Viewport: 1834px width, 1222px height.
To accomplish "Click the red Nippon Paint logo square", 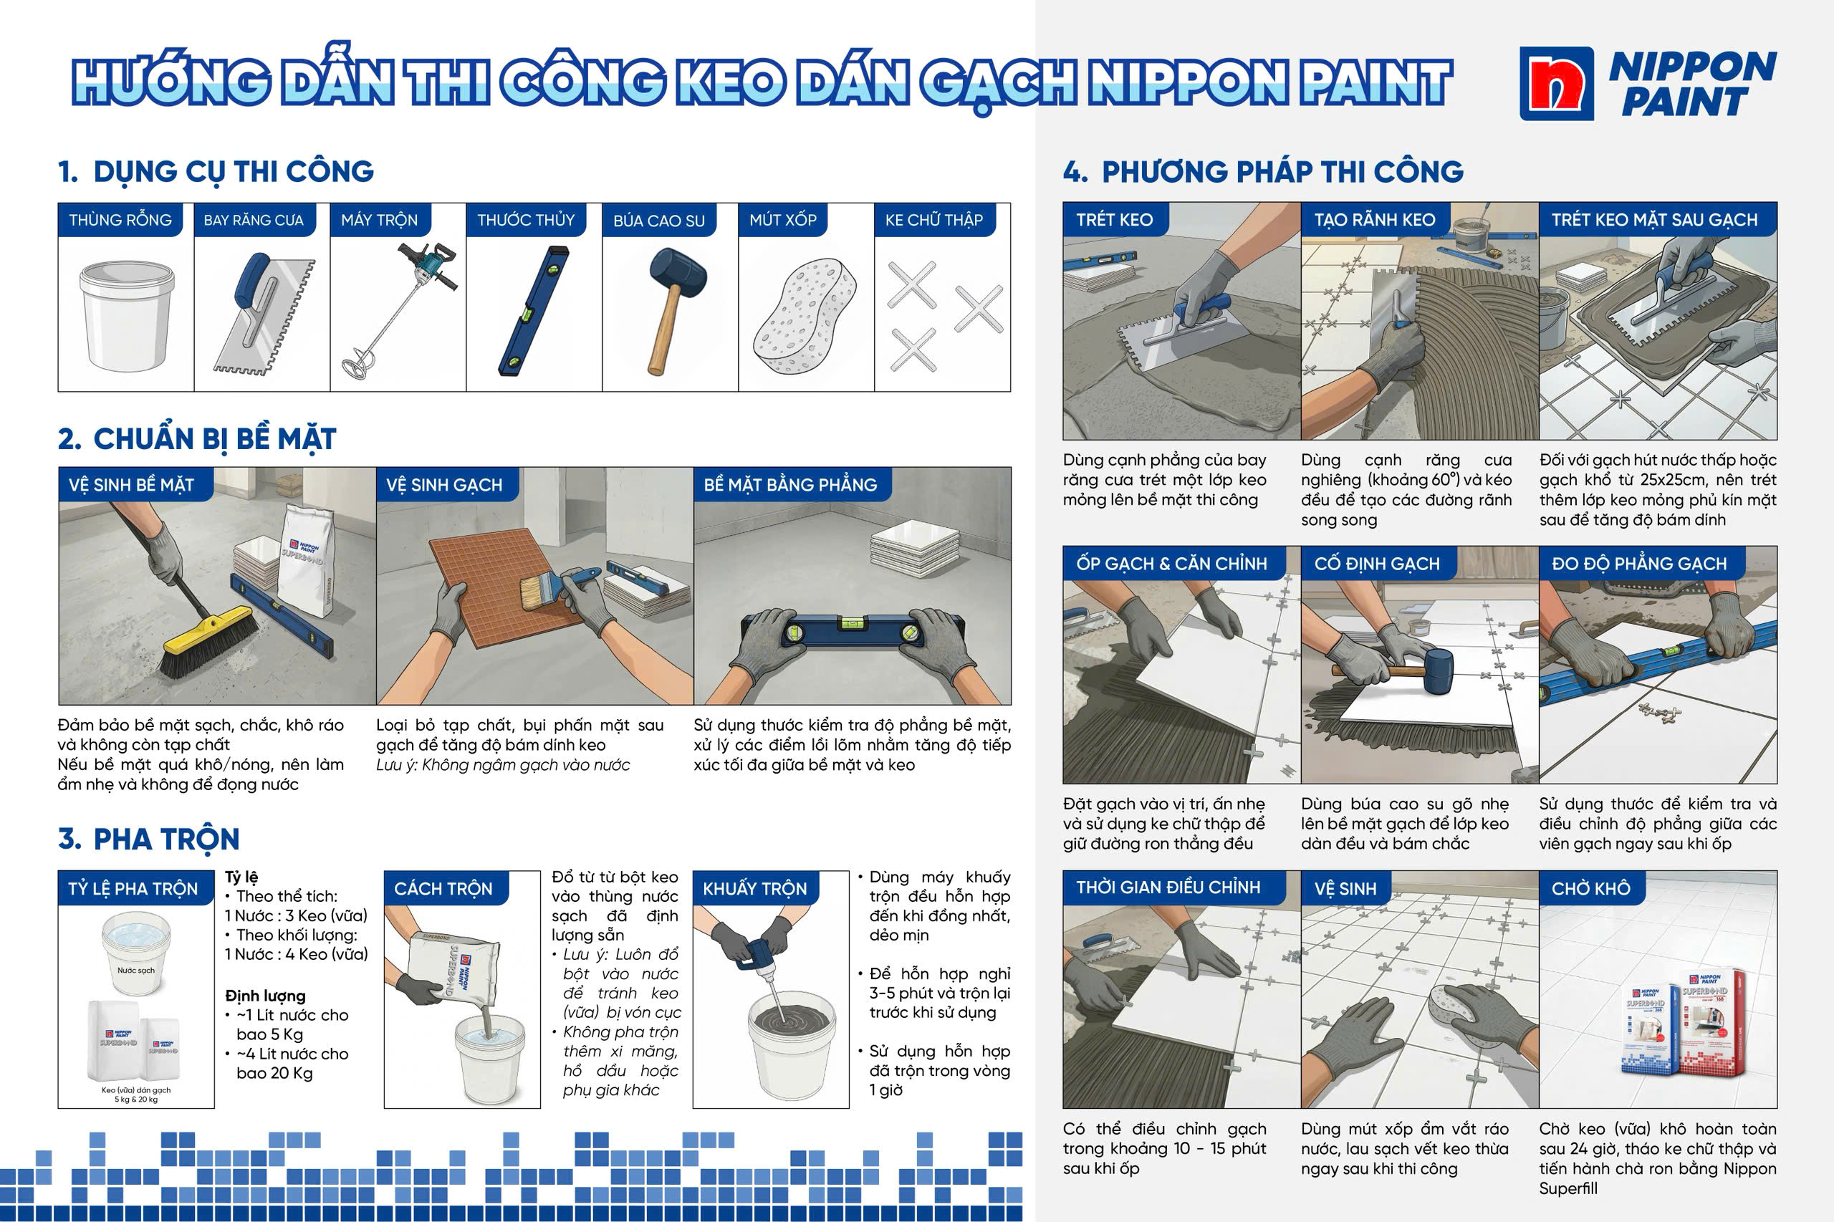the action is click(x=1557, y=83).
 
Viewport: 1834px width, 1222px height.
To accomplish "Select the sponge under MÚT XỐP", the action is click(x=805, y=315).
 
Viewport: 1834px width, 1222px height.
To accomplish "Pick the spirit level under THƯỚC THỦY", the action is click(x=534, y=311).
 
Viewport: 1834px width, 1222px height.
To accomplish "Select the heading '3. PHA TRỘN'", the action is click(x=149, y=839).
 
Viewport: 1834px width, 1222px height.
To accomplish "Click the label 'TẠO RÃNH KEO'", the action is click(x=1374, y=220).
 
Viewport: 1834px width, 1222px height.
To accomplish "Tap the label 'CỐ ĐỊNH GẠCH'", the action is click(x=1376, y=564).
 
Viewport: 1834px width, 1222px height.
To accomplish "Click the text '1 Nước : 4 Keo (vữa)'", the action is click(x=296, y=954).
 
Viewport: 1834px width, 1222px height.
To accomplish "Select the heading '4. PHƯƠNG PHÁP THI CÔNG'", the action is click(x=1264, y=171).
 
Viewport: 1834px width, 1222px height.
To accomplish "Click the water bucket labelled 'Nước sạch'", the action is click(x=136, y=955).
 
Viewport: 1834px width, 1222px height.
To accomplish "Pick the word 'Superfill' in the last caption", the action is click(x=1568, y=1188).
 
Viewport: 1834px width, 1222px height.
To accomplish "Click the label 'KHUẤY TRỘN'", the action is click(x=754, y=889).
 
